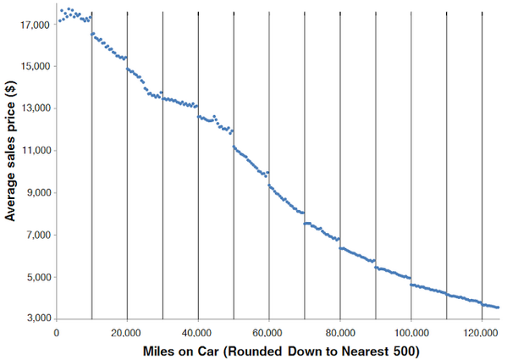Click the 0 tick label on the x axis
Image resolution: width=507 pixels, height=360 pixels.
point(57,331)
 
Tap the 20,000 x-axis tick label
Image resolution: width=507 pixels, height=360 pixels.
point(127,331)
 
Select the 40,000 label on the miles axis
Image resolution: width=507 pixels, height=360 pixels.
point(198,331)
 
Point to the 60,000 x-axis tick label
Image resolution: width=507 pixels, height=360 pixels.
point(268,331)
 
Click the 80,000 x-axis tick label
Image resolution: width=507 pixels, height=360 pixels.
point(339,331)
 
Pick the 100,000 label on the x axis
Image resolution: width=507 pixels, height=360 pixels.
point(410,331)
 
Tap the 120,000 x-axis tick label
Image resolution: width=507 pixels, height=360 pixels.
point(481,331)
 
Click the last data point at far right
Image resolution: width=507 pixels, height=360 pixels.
point(498,307)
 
